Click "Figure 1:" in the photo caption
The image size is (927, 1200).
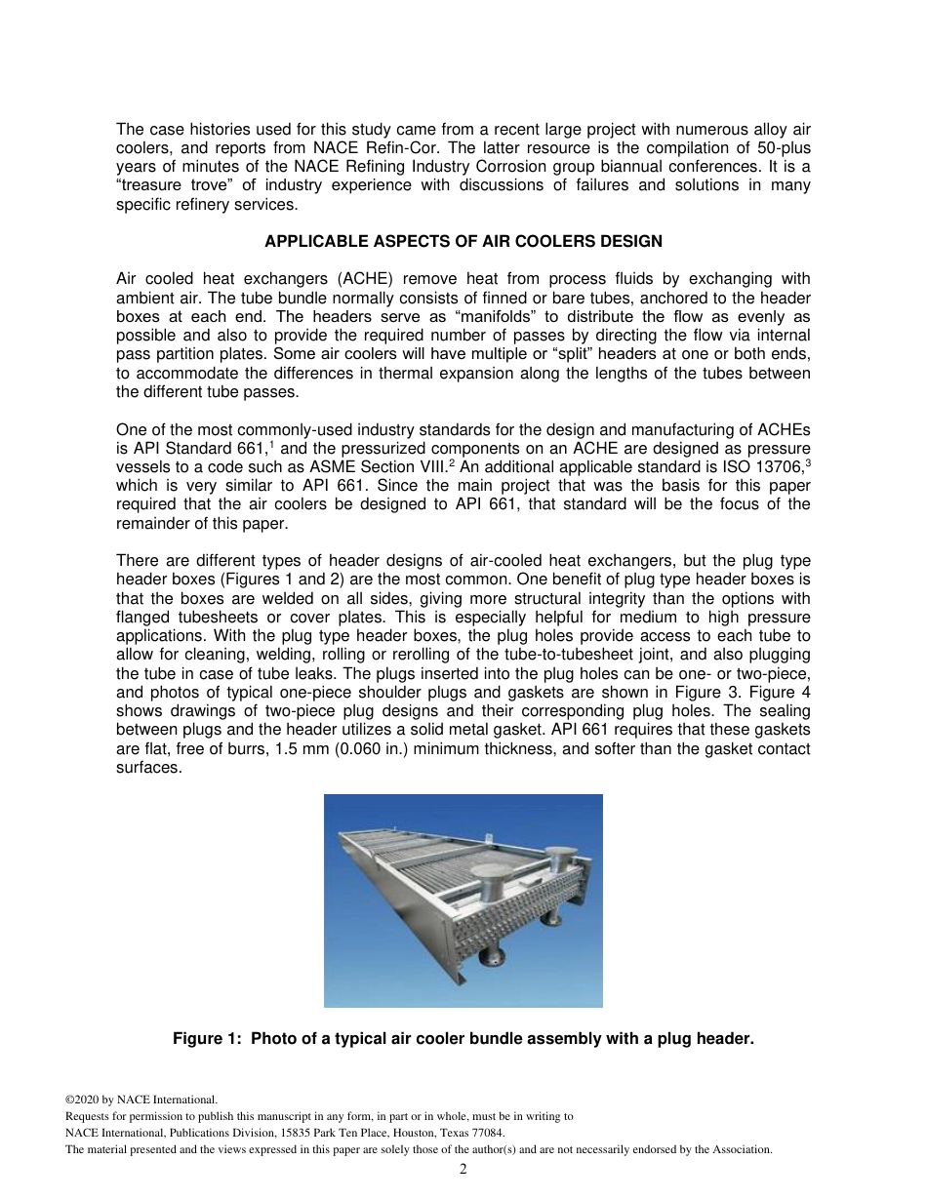[208, 1039]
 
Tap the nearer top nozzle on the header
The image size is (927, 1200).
[485, 884]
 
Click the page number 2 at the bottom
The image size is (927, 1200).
[463, 1169]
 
